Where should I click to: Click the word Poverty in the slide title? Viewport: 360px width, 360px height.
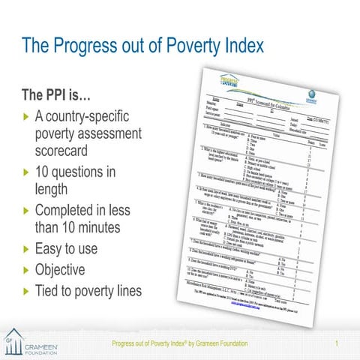[x=177, y=46]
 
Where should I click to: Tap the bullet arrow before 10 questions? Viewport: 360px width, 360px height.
[x=26, y=173]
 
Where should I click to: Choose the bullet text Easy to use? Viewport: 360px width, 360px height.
[x=72, y=248]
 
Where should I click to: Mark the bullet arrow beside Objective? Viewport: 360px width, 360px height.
[x=26, y=270]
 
